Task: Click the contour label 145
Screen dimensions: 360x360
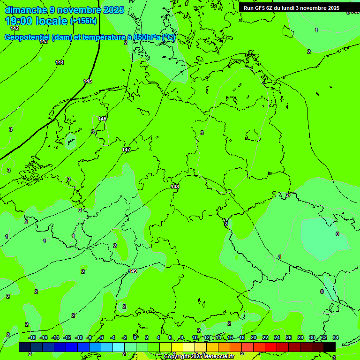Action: point(88,81)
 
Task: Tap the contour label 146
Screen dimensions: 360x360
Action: point(102,119)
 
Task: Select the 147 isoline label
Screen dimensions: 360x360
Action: point(126,150)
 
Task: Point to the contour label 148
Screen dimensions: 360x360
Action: point(175,187)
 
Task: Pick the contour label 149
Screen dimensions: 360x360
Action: point(133,271)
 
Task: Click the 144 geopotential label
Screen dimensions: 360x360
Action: point(60,62)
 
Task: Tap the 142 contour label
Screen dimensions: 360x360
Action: point(15,28)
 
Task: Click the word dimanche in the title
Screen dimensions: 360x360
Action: point(26,10)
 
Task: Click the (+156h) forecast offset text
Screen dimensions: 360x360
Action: point(83,21)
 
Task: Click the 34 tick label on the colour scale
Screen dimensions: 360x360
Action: point(336,337)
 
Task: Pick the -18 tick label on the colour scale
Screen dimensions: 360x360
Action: point(32,337)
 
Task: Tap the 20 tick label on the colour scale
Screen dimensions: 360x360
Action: point(253,337)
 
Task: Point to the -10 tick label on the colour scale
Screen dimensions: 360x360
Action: point(79,337)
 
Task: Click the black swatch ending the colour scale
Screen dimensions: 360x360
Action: point(330,347)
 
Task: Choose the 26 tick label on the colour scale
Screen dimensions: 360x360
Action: point(288,337)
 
